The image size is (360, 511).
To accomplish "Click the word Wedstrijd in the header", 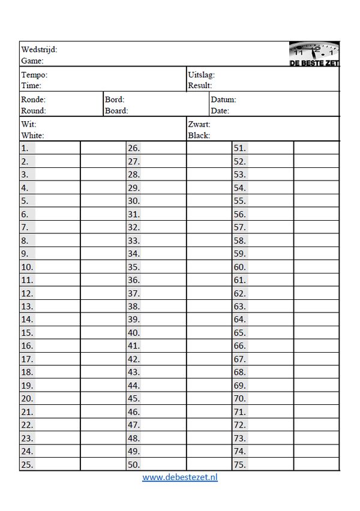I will coord(38,50).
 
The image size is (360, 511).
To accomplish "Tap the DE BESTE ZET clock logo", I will coord(314,53).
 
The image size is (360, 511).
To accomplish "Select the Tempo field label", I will coord(34,75).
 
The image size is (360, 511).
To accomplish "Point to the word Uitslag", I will coord(201,75).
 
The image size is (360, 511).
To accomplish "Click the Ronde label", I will coord(33,100).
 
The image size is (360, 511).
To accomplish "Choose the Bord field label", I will coord(114,100).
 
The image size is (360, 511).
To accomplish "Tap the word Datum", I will coord(223,100).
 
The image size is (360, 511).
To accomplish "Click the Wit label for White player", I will coord(28,124).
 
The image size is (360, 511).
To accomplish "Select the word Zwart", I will coord(199,124).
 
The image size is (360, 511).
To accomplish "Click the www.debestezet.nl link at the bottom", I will coord(180,477).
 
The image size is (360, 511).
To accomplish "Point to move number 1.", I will coord(25,148).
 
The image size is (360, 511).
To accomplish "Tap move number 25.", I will coord(27,464).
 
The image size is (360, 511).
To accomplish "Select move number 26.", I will coord(134,148).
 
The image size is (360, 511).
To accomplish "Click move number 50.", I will coord(134,464).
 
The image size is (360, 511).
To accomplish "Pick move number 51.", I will coord(240,148).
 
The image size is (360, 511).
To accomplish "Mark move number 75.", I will coord(240,464).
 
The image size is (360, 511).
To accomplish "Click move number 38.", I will coord(134,306).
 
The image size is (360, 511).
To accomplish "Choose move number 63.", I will coord(240,306).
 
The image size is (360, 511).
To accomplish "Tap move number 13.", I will coord(27,306).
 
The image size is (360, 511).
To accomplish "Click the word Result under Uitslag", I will coord(200,86).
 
